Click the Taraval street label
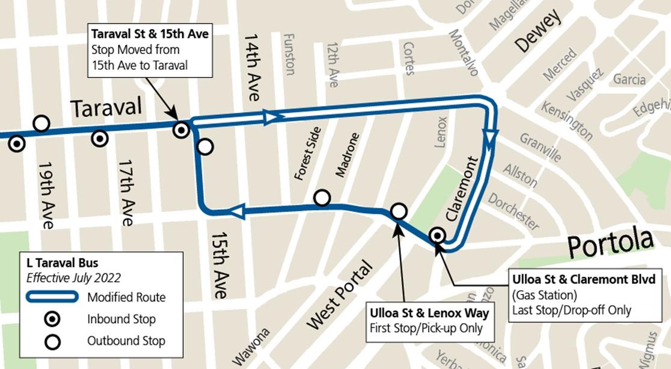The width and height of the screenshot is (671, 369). [x=106, y=109]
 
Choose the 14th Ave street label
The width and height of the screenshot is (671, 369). [x=252, y=67]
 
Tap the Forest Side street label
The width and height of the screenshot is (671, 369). [x=307, y=154]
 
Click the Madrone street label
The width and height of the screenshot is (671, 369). [x=347, y=154]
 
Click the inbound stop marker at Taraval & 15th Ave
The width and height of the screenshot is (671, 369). [x=181, y=129]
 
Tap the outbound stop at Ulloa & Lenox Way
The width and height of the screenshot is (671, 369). [x=399, y=211]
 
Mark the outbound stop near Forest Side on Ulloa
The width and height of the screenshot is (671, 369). [x=322, y=198]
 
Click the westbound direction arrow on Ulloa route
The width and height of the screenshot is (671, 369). [x=237, y=211]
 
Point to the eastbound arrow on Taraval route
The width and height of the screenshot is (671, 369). [x=272, y=117]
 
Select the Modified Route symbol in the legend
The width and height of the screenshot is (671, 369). [x=52, y=297]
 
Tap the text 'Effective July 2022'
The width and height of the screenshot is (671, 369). [x=73, y=278]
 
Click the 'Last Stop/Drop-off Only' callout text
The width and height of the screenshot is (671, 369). [x=571, y=311]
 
